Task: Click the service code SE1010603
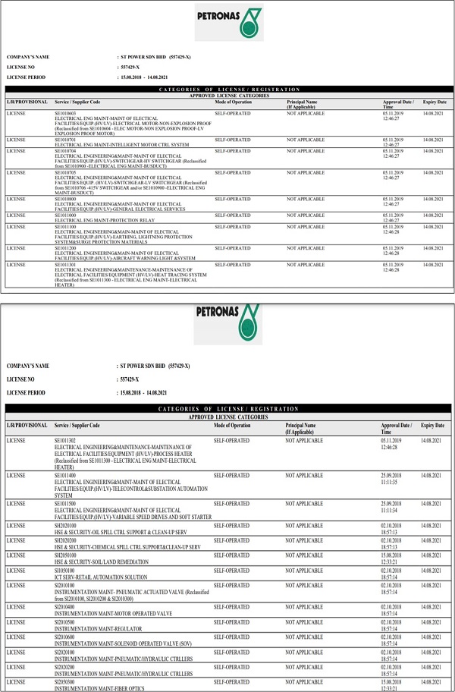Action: [x=65, y=112]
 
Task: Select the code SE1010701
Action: [x=65, y=139]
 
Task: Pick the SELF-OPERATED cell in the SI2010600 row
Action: [x=231, y=637]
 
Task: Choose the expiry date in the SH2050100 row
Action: [x=432, y=555]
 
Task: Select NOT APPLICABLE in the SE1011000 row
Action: [x=306, y=215]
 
